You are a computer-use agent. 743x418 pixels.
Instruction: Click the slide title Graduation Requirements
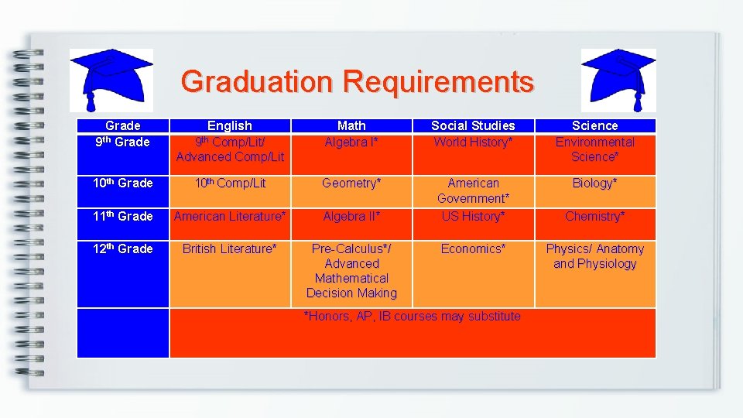click(357, 81)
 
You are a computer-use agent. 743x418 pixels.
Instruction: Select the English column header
click(230, 125)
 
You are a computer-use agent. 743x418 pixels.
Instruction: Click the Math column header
click(351, 125)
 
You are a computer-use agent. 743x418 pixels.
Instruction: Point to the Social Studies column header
click(473, 125)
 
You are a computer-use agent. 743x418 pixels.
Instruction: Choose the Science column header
click(594, 125)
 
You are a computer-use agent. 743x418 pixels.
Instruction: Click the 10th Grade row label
click(122, 183)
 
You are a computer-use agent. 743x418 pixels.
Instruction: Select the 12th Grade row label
click(122, 249)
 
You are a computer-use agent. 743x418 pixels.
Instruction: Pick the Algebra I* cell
click(351, 142)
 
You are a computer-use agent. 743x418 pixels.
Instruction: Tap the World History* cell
click(473, 142)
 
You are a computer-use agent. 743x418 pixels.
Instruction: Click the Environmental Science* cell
click(594, 149)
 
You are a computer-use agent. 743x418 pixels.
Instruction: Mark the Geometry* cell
click(351, 183)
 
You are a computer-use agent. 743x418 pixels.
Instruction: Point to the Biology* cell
click(594, 183)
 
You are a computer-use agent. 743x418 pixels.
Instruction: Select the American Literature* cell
click(230, 217)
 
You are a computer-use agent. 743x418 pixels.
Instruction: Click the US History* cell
click(473, 217)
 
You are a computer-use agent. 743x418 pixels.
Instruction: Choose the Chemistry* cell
click(594, 217)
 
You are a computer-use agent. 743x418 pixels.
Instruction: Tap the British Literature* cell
click(230, 249)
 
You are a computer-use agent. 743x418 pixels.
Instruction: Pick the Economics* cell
click(473, 249)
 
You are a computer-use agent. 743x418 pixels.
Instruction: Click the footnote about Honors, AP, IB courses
click(412, 317)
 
